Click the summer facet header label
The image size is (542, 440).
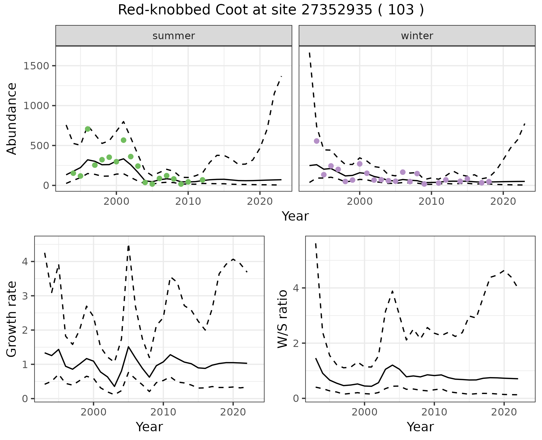tap(174, 36)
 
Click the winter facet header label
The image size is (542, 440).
tap(417, 36)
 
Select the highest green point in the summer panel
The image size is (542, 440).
tap(88, 129)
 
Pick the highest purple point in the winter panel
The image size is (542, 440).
tap(316, 141)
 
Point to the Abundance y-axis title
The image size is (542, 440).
tap(12, 118)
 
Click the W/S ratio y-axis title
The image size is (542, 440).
tap(283, 319)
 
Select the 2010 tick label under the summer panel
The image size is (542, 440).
tap(188, 201)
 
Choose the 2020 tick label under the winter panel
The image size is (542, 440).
tap(503, 201)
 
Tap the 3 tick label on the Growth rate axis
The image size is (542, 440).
tap(25, 296)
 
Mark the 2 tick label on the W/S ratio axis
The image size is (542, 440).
tap(296, 343)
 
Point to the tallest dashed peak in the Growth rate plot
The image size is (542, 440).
tap(128, 246)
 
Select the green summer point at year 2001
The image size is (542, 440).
tap(123, 140)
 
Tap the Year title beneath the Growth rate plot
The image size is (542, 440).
tap(149, 427)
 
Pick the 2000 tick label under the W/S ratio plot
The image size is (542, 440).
tap(364, 412)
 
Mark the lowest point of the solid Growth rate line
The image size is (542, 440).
tap(114, 386)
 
